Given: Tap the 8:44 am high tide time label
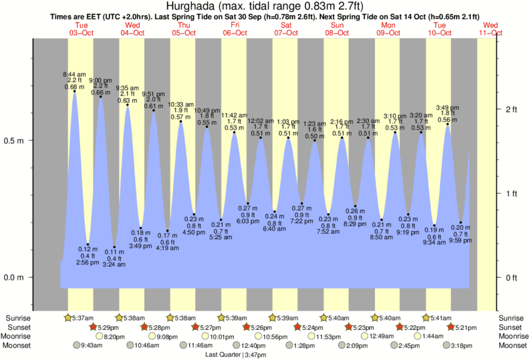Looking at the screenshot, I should click(x=74, y=73).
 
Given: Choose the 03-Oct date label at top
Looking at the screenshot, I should click(x=80, y=32).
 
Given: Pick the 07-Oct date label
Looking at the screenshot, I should click(x=285, y=32).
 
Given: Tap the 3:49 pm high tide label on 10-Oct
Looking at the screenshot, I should click(x=447, y=107).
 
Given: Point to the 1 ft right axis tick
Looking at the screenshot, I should click(x=513, y=193).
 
